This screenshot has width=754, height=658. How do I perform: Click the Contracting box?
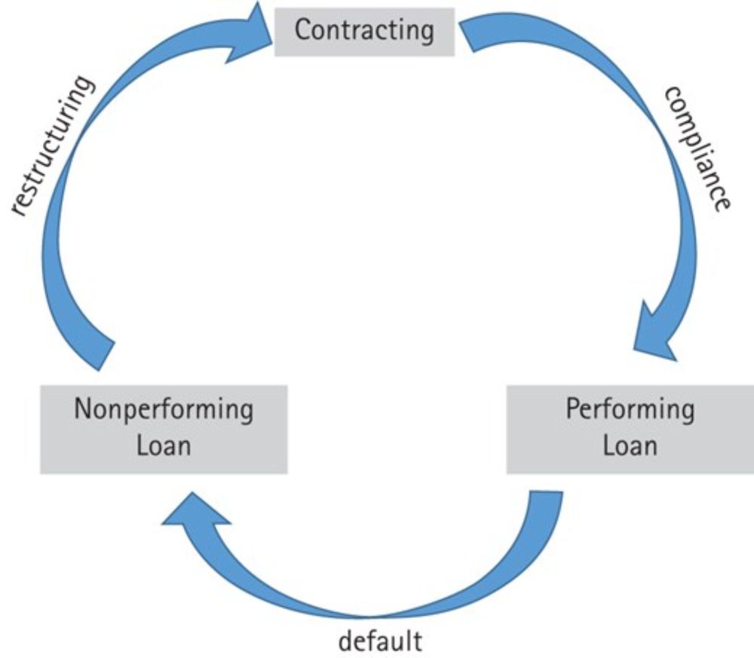(364, 32)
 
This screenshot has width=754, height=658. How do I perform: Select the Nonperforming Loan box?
(164, 428)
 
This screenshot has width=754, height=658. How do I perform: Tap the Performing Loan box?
(630, 428)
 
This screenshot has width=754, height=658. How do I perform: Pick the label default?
(380, 641)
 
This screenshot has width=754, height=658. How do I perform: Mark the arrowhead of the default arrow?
(192, 520)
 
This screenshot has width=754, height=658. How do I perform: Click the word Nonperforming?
(164, 411)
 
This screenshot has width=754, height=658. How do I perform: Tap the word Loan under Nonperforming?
(164, 445)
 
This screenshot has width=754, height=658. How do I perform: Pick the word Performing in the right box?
(630, 411)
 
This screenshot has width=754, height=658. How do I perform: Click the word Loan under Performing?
(630, 445)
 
